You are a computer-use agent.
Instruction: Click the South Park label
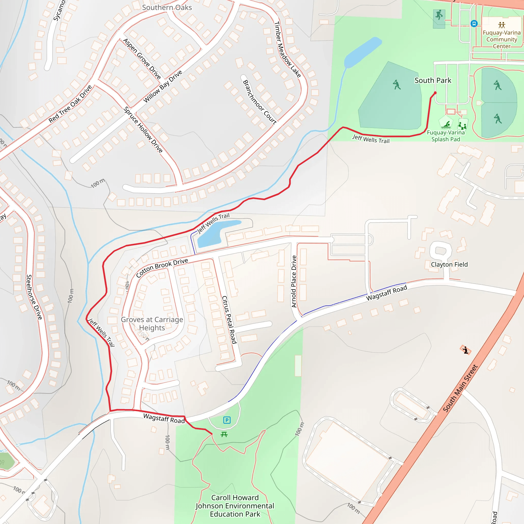point(433,81)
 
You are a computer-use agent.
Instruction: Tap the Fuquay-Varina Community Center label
point(501,39)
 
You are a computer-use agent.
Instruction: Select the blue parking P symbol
point(227,420)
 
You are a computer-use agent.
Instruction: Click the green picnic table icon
point(224,434)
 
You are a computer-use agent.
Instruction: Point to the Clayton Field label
point(449,265)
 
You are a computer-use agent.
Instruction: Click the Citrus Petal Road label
point(230,320)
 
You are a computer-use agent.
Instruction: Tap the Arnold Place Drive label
point(294,281)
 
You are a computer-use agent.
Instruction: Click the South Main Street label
point(460,388)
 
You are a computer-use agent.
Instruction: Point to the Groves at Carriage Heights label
point(152,324)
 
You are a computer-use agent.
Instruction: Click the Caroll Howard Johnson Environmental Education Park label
point(235,506)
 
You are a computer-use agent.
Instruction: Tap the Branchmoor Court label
point(259,102)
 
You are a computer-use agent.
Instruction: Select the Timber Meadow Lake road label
point(287,50)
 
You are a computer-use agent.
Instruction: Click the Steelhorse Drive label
point(34,297)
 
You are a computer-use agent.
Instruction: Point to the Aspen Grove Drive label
point(142,59)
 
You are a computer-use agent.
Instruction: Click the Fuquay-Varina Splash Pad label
point(446,136)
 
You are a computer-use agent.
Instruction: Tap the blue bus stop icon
point(474,24)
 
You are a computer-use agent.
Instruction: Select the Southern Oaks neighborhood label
point(167,8)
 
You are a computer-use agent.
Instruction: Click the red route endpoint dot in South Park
point(435,93)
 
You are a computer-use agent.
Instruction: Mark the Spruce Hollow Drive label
point(143,130)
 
